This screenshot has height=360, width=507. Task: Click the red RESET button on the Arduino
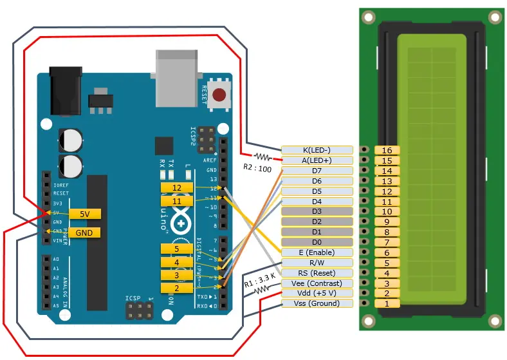(220, 95)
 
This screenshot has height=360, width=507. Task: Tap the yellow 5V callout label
(85, 213)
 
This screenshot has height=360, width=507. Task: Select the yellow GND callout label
(84, 232)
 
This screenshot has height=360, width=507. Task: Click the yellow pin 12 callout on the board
(176, 187)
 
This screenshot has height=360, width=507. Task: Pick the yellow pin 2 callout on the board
(176, 288)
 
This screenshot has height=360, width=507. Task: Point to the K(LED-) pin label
(317, 150)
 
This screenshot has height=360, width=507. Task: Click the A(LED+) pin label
(317, 160)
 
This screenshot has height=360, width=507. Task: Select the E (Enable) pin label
(317, 252)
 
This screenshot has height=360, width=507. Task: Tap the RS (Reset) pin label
(317, 273)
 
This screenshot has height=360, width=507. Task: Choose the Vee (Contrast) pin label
(317, 283)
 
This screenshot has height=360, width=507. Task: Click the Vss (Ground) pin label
(317, 303)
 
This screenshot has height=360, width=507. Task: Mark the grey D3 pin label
(317, 211)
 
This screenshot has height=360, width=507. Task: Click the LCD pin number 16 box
(387, 150)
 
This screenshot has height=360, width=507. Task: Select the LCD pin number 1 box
(387, 303)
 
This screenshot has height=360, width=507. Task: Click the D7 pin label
(317, 171)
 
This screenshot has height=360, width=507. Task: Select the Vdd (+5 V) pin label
(317, 294)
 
